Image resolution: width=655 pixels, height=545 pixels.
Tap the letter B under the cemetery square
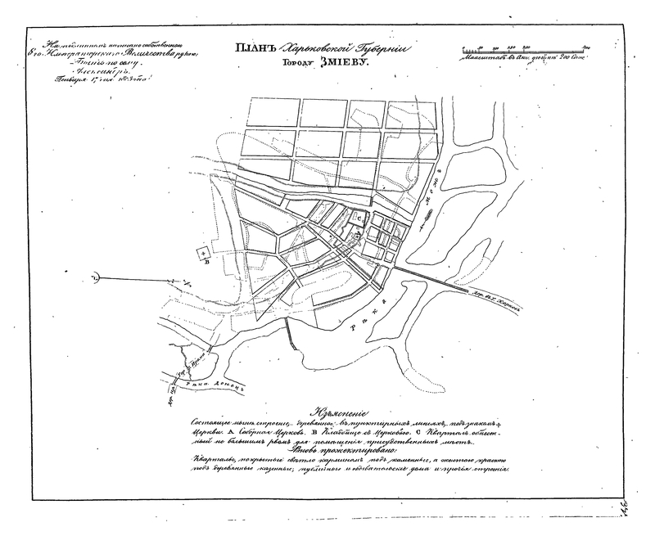(207, 263)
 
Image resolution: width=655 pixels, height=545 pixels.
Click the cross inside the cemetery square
(202, 254)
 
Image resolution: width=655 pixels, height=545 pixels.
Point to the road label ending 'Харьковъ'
(508, 308)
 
